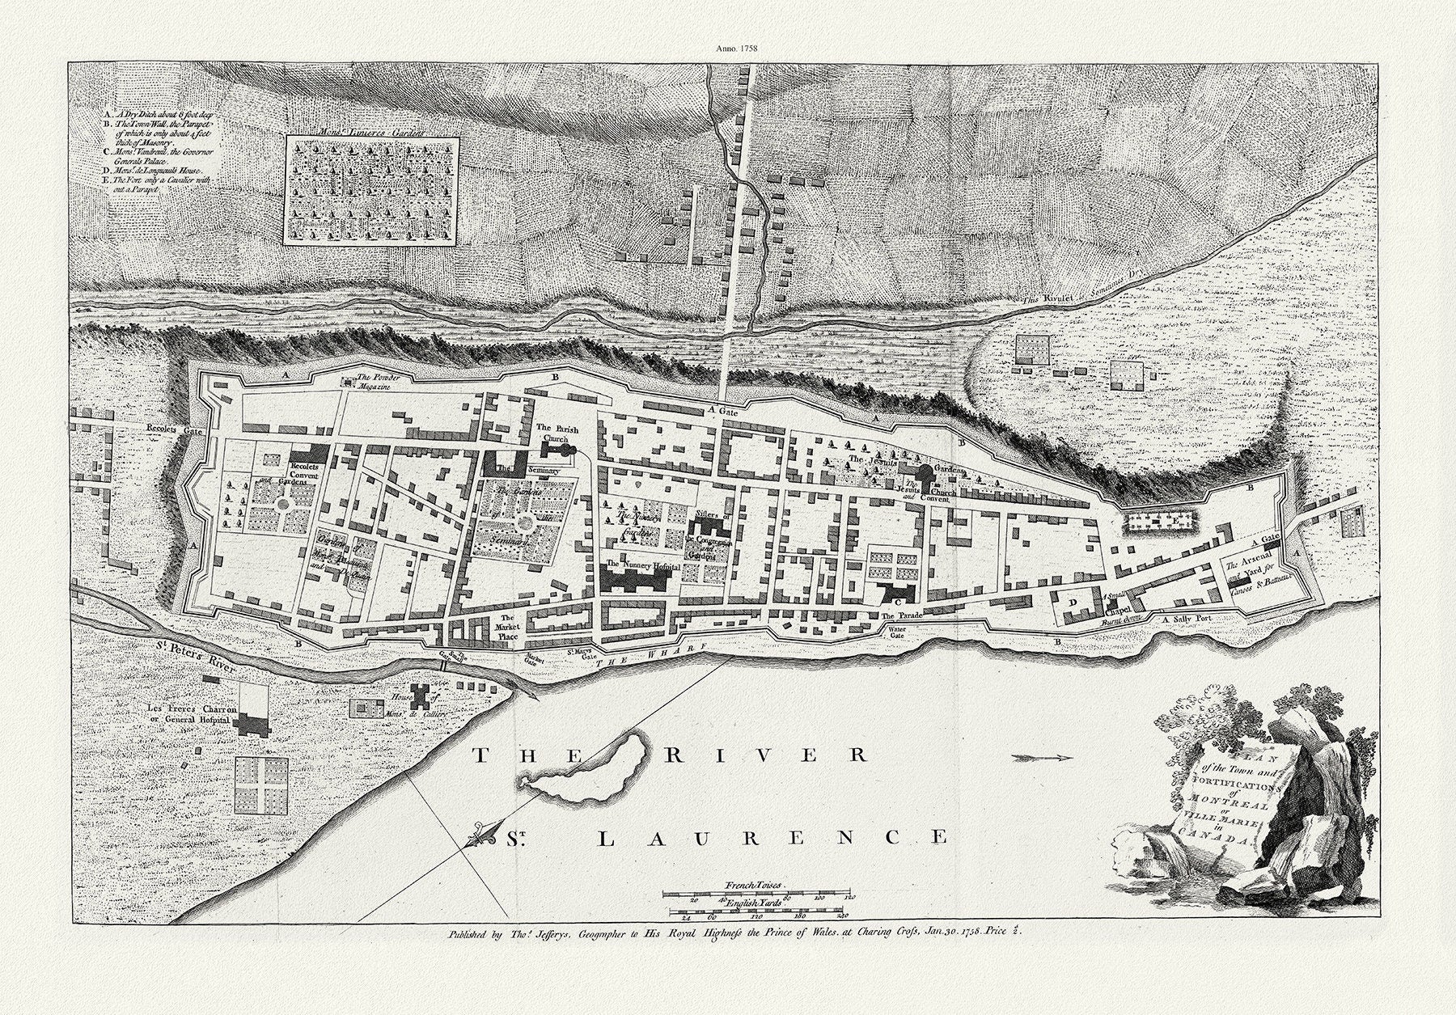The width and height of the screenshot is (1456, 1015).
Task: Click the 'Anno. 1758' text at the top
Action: click(736, 49)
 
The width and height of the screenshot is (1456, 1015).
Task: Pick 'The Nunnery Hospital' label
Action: click(642, 565)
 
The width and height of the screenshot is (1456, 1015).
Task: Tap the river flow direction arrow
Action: click(1042, 758)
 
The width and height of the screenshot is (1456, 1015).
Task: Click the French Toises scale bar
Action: click(759, 894)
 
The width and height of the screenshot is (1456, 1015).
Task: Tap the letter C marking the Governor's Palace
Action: click(896, 602)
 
